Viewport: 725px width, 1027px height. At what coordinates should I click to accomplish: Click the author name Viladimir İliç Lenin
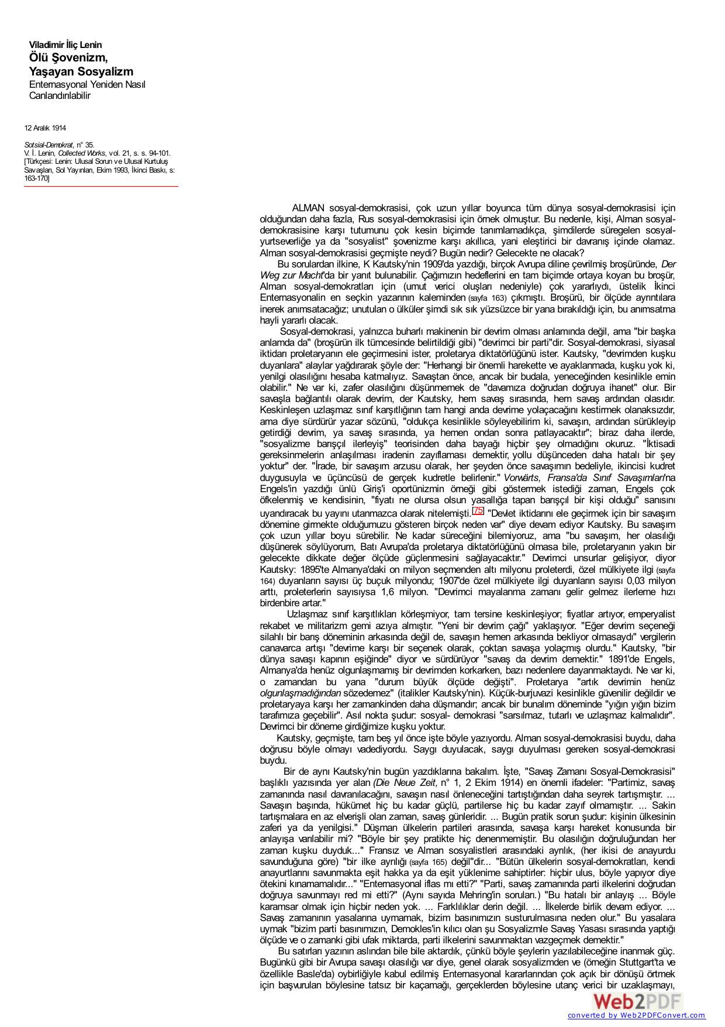click(65, 45)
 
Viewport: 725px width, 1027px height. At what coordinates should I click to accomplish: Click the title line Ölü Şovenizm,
click(68, 58)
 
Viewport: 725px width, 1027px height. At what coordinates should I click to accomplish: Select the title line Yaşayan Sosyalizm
click(81, 72)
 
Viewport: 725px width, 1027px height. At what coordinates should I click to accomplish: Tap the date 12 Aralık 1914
click(45, 128)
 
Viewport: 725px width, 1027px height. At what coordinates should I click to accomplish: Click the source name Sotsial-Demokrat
click(49, 145)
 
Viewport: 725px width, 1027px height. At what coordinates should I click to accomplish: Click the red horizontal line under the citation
click(101, 187)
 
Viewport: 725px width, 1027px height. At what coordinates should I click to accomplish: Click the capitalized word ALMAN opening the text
click(309, 208)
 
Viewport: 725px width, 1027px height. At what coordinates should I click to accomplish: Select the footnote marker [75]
click(478, 510)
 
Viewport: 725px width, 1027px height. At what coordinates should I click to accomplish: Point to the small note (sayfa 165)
click(429, 862)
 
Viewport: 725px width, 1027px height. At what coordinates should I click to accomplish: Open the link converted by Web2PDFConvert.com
click(636, 1015)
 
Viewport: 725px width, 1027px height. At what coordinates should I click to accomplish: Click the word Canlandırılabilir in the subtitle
click(60, 96)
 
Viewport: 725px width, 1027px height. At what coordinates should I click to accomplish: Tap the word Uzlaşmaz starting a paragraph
click(306, 614)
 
